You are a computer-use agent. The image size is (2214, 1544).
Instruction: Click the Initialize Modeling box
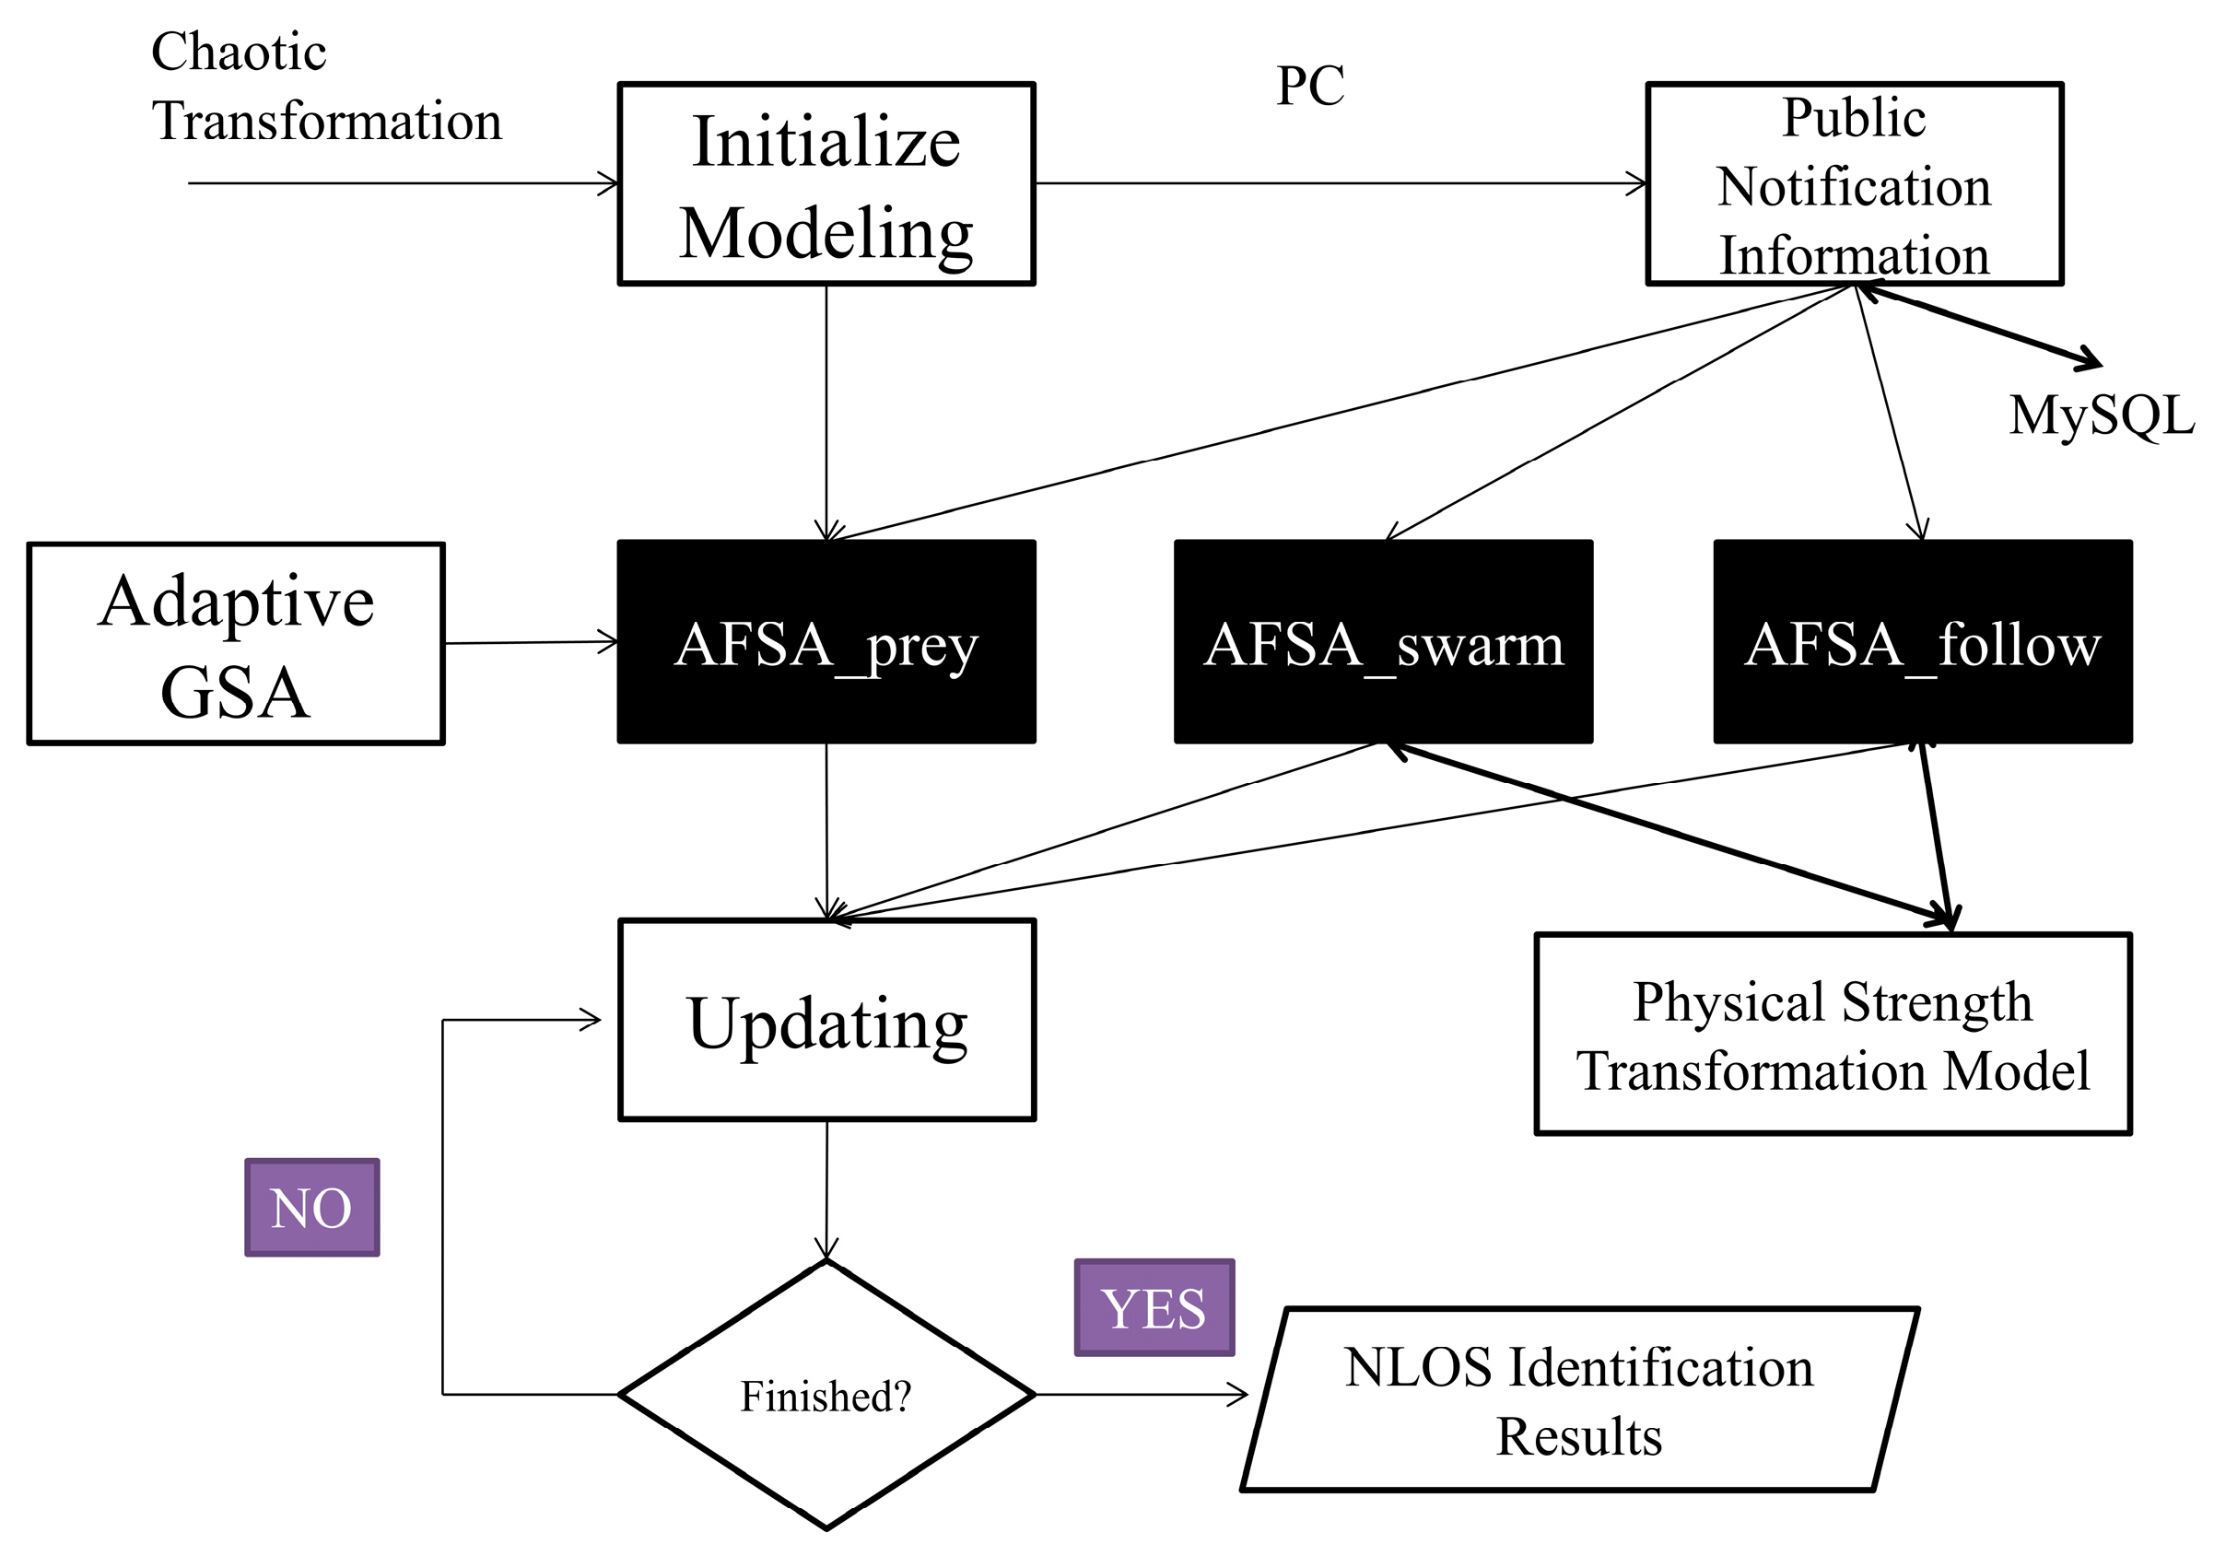[x=826, y=183]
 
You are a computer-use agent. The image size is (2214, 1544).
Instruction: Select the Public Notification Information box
[x=1854, y=183]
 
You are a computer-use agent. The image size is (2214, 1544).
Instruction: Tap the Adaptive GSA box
[x=235, y=643]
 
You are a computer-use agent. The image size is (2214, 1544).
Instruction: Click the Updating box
[x=826, y=1020]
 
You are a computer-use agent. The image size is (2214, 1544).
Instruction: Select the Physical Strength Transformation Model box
[x=1833, y=1034]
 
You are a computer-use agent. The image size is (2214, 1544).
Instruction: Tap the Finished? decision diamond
[x=826, y=1395]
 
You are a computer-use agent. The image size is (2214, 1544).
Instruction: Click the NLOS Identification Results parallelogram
[x=1578, y=1399]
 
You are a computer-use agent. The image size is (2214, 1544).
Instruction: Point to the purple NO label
[x=311, y=1208]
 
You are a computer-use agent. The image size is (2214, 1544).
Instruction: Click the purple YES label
[x=1154, y=1308]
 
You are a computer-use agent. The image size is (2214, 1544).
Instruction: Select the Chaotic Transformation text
[x=326, y=87]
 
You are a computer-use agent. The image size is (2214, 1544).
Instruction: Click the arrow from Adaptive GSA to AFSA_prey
[x=531, y=642]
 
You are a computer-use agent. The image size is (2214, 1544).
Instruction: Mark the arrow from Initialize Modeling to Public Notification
[x=1341, y=182]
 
